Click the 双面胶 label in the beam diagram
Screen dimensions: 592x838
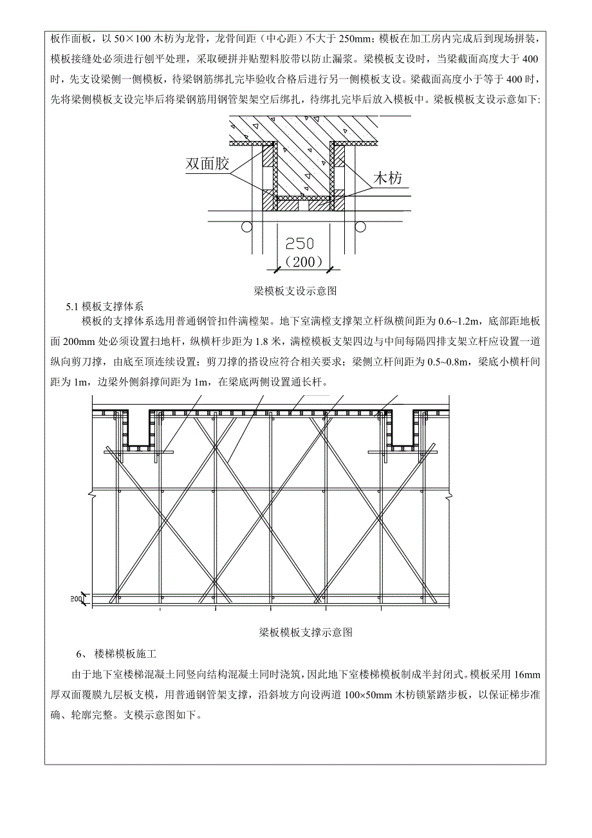pyautogui.click(x=207, y=164)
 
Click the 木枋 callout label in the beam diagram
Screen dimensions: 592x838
pyautogui.click(x=388, y=178)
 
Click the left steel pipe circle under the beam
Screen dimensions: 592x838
pyautogui.click(x=245, y=227)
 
